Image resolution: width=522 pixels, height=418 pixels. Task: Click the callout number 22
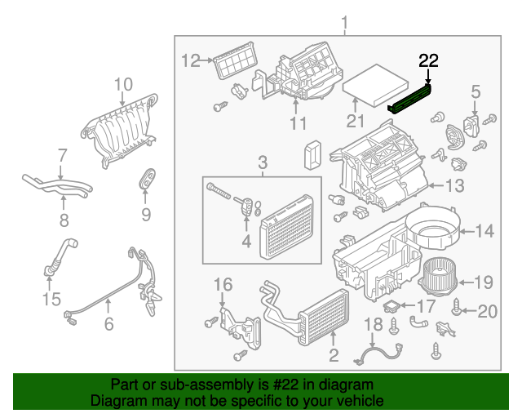coord(428,60)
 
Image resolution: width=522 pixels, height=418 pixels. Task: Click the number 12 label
coord(190,60)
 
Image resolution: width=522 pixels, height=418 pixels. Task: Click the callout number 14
coord(484,232)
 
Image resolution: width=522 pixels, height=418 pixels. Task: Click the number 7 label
coord(62,154)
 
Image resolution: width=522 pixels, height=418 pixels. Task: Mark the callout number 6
coord(108,324)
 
